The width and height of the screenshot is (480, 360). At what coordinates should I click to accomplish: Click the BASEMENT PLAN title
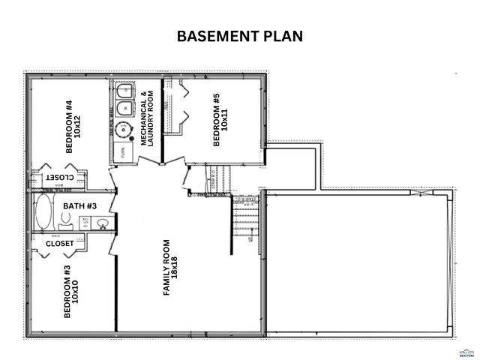tap(240, 36)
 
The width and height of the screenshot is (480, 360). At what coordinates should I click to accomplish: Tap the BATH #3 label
tap(79, 205)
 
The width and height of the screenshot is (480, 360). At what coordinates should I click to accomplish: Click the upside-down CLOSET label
tap(58, 177)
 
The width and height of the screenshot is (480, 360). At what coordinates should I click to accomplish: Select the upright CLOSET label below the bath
tap(60, 244)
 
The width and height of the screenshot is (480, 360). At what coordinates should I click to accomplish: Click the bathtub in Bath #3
tap(43, 213)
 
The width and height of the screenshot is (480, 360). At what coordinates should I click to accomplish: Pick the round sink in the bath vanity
tap(103, 223)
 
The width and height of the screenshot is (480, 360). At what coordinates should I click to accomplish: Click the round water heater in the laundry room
tap(121, 127)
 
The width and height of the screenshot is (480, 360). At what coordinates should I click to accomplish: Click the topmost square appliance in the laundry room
tap(121, 92)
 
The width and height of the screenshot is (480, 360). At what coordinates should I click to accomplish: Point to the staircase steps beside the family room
tap(245, 217)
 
